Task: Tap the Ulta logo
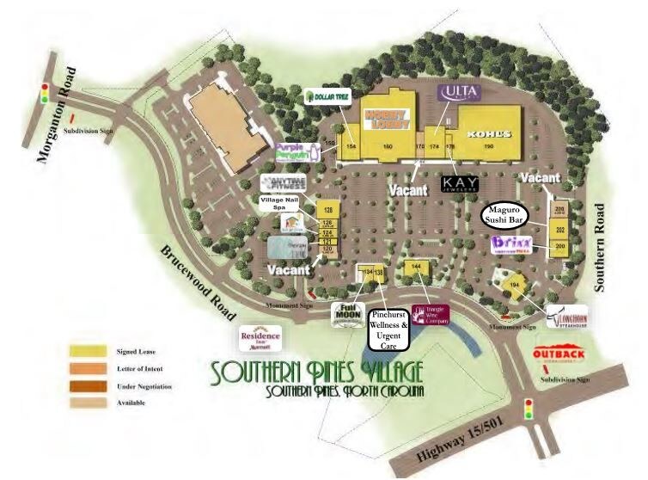click(455, 91)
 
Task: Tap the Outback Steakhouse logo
click(559, 355)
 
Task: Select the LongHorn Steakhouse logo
click(566, 317)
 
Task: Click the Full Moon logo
click(348, 314)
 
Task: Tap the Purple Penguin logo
click(296, 151)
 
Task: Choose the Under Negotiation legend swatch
click(83, 386)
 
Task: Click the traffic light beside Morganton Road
click(43, 94)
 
